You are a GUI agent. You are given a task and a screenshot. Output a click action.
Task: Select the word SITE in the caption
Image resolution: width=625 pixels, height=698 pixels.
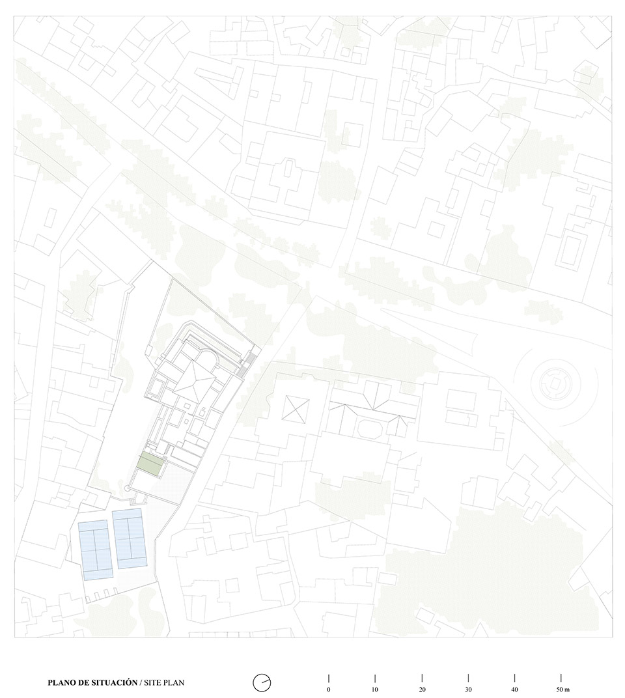154,683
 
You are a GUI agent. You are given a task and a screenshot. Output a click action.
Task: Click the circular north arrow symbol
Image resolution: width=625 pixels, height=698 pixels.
262,682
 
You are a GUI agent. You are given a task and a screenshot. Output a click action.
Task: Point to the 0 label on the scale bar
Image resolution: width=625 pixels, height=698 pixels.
329,689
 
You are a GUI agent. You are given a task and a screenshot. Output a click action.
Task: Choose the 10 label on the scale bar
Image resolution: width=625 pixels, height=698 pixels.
375,689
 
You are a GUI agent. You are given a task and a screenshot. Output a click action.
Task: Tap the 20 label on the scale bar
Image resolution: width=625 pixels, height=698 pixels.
422,689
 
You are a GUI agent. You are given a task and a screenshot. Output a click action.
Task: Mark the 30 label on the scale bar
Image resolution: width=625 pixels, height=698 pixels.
468,689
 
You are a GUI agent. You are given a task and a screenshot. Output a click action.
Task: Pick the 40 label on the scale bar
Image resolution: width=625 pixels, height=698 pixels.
514,689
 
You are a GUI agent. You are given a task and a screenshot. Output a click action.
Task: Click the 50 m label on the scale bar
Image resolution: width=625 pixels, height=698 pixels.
563,689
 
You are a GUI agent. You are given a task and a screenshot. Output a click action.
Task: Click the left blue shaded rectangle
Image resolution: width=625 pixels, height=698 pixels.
96,550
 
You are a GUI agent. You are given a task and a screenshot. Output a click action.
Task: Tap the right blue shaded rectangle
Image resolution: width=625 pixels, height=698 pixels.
128,538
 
